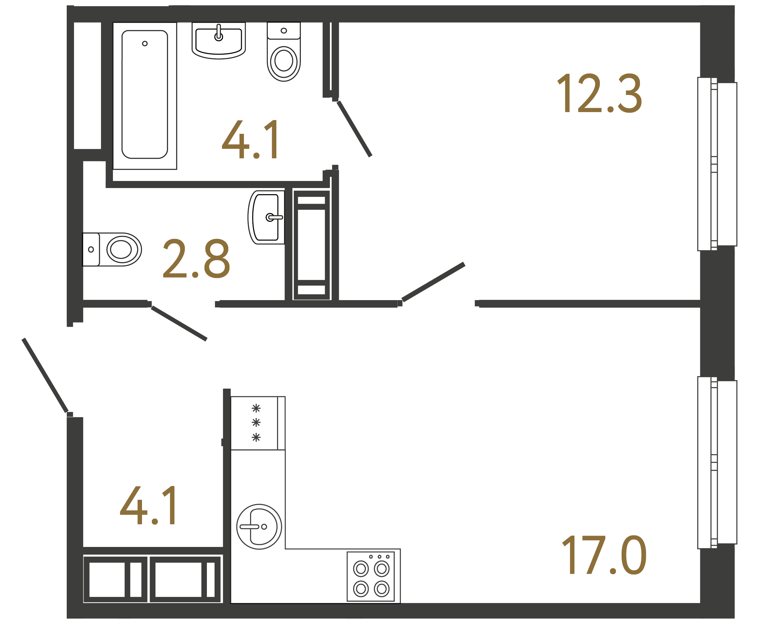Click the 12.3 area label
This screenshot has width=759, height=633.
[599, 93]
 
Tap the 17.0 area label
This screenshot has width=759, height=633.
[604, 555]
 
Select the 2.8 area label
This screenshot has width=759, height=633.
[196, 259]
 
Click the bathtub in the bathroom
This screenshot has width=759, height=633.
[144, 95]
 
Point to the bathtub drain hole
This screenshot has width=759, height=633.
[144, 43]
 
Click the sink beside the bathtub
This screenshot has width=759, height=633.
[218, 40]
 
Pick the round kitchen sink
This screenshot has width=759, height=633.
[259, 527]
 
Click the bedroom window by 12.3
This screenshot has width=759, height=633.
[717, 164]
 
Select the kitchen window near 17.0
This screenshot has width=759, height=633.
[717, 463]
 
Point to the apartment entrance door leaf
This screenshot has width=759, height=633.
[45, 375]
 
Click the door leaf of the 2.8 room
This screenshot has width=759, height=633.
[179, 324]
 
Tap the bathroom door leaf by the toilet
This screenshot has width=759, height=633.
[354, 129]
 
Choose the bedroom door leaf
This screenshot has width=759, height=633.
[433, 282]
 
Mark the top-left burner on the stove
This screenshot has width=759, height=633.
[361, 569]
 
